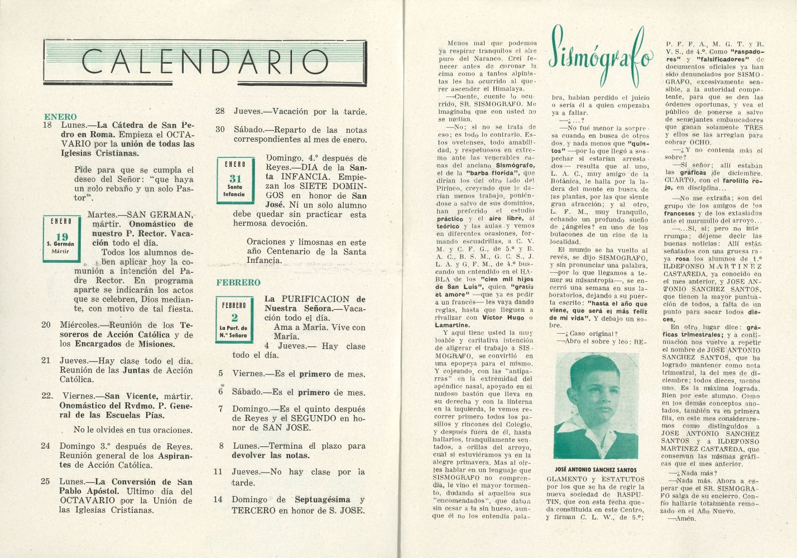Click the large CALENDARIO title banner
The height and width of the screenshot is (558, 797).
tap(205, 61)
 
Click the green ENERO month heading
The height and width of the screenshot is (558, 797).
tap(60, 117)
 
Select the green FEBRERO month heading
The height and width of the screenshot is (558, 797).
tap(238, 282)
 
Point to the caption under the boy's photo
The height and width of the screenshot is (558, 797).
tap(597, 470)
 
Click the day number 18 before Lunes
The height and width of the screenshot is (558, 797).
tap(47, 126)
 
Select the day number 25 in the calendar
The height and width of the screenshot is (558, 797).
tap(46, 482)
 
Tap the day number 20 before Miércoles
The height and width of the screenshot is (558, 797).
tap(46, 325)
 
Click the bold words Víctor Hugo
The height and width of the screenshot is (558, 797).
tap(502, 318)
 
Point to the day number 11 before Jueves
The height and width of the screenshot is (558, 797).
tap(218, 472)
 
